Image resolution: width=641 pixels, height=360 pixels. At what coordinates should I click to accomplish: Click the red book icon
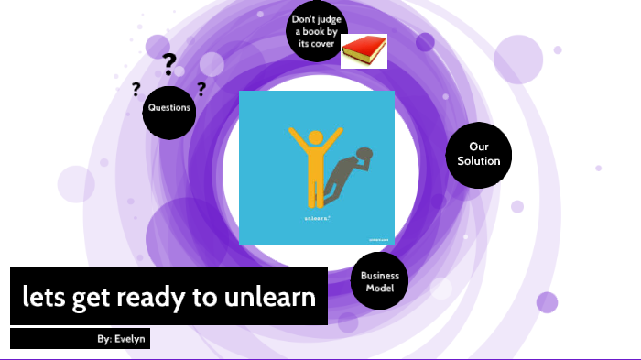pos(364,51)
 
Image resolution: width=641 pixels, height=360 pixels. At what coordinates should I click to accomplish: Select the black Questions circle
pos(169,108)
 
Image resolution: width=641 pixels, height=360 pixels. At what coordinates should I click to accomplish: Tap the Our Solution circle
pos(477,154)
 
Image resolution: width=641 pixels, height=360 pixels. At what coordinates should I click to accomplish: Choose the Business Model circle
pos(379,281)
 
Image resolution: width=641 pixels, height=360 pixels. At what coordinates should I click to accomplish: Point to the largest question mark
pos(168,64)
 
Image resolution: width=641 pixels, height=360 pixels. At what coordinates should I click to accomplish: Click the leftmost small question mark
pos(136,89)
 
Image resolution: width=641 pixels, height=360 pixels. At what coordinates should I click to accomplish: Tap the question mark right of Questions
pos(201,89)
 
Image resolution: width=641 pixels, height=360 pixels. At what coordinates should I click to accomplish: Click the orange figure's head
pos(316,138)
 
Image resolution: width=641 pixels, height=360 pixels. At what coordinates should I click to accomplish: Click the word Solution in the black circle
pos(479,161)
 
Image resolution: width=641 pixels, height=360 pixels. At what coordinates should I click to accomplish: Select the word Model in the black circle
pos(379,288)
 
